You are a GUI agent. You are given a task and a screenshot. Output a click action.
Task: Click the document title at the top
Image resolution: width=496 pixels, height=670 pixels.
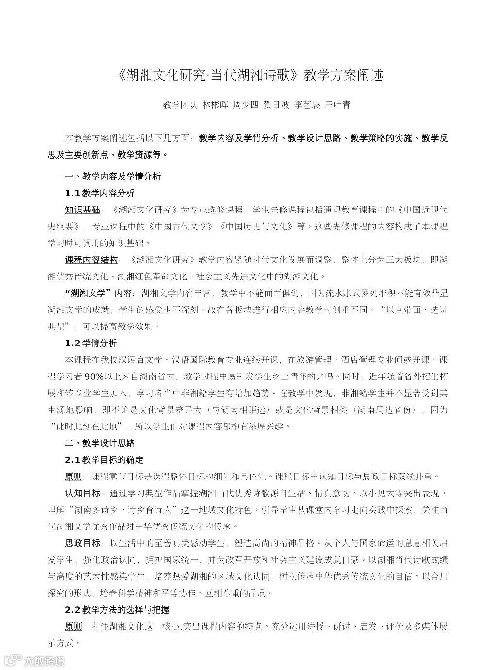250,75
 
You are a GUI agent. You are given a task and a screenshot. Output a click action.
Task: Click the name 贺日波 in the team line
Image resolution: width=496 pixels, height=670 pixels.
276,105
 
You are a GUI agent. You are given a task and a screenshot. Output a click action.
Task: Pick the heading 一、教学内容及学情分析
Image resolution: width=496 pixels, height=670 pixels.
112,177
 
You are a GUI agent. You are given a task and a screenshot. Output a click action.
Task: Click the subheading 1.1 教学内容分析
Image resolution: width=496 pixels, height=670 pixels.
99,193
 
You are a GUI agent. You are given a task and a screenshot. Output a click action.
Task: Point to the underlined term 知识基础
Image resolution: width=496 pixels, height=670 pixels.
82,210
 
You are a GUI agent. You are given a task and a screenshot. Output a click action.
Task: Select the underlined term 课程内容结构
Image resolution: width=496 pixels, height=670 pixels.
91,260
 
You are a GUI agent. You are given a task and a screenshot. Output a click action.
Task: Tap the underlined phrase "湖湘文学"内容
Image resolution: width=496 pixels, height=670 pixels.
98,293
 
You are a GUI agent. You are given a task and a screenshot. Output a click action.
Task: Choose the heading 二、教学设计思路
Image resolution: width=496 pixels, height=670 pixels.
99,443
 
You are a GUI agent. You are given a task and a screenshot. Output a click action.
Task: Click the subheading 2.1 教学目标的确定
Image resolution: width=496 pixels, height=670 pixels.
104,459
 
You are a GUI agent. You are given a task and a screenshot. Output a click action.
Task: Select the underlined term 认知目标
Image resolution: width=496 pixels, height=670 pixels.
82,493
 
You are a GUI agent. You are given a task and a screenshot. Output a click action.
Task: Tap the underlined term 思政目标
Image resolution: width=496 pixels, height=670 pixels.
82,542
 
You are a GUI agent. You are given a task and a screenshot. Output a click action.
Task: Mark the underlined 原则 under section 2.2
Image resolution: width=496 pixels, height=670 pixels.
74,626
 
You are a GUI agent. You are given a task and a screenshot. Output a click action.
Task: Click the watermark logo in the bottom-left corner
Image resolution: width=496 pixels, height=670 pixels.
34,660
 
